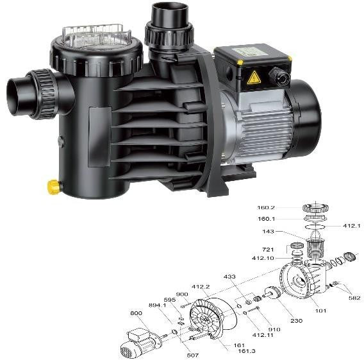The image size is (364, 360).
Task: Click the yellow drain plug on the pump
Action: tap(54, 187)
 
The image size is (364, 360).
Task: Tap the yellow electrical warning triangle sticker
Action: tap(254, 78)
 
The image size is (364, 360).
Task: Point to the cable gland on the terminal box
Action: tap(279, 76)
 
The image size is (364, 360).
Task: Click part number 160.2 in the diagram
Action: tap(266, 207)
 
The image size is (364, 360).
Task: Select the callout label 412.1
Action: tap(352, 226)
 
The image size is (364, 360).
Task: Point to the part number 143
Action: tap(268, 232)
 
